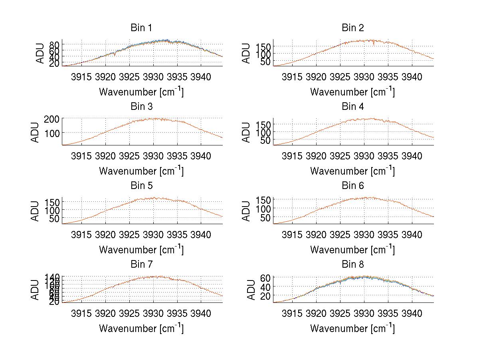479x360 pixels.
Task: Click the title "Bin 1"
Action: click(x=141, y=28)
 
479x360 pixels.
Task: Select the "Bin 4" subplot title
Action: click(x=352, y=107)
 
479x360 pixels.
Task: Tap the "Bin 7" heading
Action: click(x=141, y=265)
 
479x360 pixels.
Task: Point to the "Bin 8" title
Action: click(x=352, y=265)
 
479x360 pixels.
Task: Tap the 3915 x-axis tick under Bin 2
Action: click(x=292, y=77)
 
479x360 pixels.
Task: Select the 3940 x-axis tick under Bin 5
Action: click(x=201, y=235)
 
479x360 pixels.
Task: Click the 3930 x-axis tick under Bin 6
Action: click(x=364, y=235)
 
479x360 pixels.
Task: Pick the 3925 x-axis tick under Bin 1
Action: click(x=129, y=77)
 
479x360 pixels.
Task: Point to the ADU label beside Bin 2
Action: click(x=247, y=53)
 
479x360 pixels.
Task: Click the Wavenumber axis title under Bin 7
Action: click(x=141, y=328)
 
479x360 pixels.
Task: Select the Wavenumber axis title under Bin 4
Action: click(x=352, y=171)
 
